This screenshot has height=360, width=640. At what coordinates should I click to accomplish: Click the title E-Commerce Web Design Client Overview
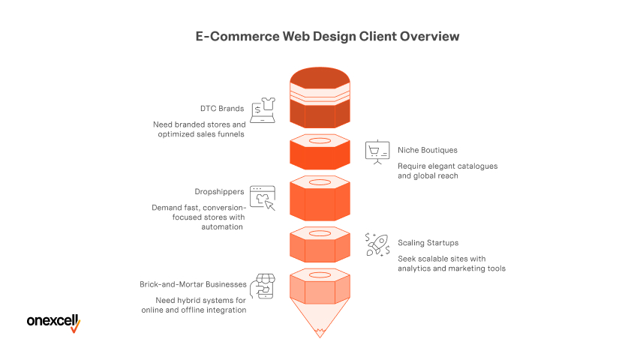(x=320, y=36)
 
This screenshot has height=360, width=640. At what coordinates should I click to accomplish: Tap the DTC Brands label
(x=221, y=109)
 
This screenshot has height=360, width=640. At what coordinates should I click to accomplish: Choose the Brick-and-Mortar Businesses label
(x=193, y=284)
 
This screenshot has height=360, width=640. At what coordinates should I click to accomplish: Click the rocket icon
(x=377, y=244)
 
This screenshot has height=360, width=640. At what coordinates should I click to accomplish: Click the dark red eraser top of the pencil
(x=320, y=79)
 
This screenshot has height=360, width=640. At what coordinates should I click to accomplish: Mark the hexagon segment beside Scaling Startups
(x=320, y=244)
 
